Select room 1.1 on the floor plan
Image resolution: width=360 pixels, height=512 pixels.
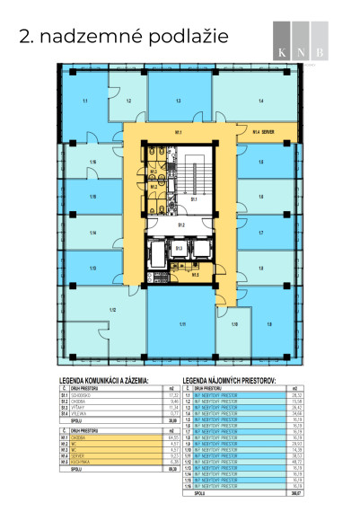coord(84,102)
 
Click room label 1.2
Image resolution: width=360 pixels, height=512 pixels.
coord(129,102)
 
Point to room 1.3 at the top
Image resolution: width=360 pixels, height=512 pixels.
coord(179,101)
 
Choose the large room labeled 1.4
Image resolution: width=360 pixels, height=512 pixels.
coord(260,101)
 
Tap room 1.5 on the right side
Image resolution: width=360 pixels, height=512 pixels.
coord(261,162)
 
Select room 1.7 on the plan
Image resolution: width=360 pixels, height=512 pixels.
coord(261,232)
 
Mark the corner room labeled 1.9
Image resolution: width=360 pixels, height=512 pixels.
coord(270,323)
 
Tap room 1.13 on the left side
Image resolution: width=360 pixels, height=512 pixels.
coord(92,268)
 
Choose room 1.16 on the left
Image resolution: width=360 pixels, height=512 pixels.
coord(92,162)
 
